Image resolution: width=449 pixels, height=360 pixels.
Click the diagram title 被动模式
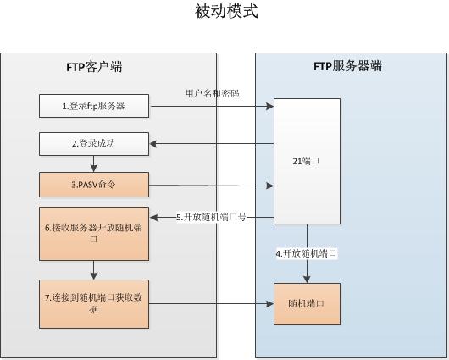[225, 12]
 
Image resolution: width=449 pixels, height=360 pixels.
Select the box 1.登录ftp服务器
[94, 106]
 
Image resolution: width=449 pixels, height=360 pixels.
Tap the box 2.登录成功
[94, 144]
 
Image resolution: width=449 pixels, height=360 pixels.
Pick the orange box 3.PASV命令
[94, 184]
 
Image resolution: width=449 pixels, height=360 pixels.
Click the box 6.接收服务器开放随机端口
[94, 233]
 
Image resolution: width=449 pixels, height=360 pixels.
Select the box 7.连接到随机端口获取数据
[94, 303]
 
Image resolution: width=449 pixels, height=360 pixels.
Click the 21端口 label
[306, 158]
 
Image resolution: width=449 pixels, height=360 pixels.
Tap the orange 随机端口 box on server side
[306, 304]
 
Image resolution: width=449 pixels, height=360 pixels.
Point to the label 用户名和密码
[212, 93]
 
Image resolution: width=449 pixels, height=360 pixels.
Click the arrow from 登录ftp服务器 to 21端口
[212, 106]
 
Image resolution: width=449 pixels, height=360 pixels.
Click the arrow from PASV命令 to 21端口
[212, 185]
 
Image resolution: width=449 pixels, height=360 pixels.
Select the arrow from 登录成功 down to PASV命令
[94, 163]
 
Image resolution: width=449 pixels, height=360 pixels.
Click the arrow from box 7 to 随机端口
[212, 304]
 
